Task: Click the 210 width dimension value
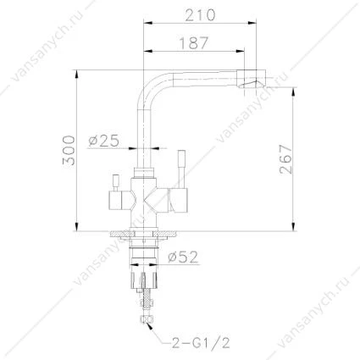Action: pyautogui.click(x=200, y=15)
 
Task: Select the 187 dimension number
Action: pyautogui.click(x=194, y=43)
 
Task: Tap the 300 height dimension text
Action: pyautogui.click(x=69, y=150)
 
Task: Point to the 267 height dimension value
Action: pyautogui.click(x=285, y=159)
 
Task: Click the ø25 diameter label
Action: pyautogui.click(x=103, y=141)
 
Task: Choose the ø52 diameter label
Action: pyautogui.click(x=183, y=258)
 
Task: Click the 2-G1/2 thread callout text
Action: pyautogui.click(x=201, y=343)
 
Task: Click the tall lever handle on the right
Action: pyautogui.click(x=181, y=169)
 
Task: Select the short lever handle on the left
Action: pyautogui.click(x=116, y=183)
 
